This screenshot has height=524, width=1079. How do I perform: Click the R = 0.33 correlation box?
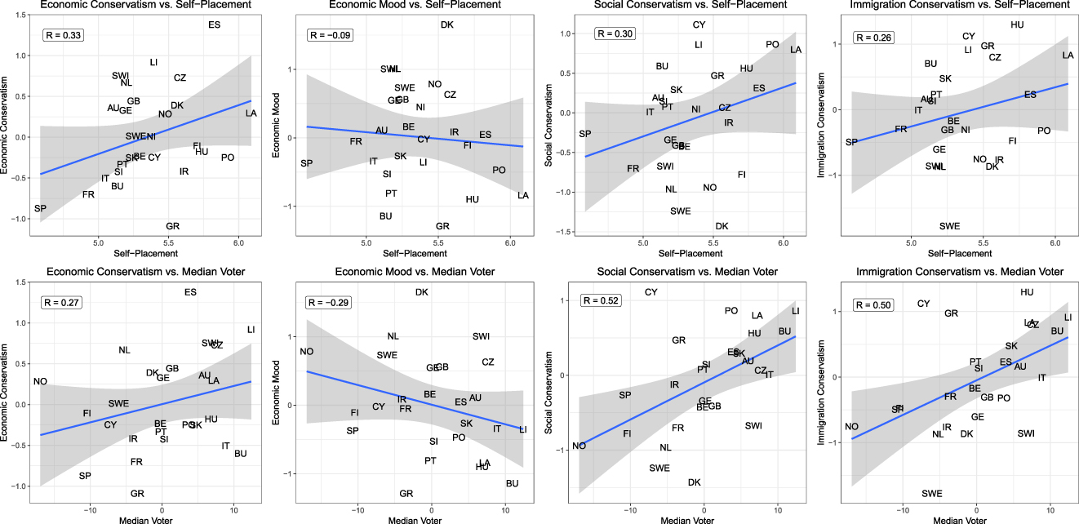tap(62, 36)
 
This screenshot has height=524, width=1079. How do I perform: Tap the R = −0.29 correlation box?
tap(328, 303)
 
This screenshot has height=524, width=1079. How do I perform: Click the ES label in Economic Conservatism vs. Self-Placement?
tap(215, 24)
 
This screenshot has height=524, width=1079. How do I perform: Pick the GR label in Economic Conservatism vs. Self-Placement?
tap(172, 226)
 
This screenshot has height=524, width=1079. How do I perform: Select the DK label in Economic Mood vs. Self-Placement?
tap(446, 25)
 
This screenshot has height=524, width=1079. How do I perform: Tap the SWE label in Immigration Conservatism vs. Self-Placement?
tap(949, 226)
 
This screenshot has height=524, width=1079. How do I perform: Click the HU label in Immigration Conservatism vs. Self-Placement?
tap(1017, 24)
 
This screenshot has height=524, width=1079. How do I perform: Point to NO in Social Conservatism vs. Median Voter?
tap(579, 446)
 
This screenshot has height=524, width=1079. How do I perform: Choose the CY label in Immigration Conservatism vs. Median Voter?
tap(923, 304)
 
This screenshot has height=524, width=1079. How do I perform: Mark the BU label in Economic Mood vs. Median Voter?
tap(512, 484)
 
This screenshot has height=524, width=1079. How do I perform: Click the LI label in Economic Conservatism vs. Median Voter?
tap(251, 330)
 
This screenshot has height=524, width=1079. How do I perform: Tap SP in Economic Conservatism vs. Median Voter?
tap(85, 476)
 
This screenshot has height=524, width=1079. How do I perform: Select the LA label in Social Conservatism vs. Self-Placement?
tap(796, 51)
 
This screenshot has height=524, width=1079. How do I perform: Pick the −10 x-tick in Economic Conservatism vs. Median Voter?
tap(91, 508)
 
